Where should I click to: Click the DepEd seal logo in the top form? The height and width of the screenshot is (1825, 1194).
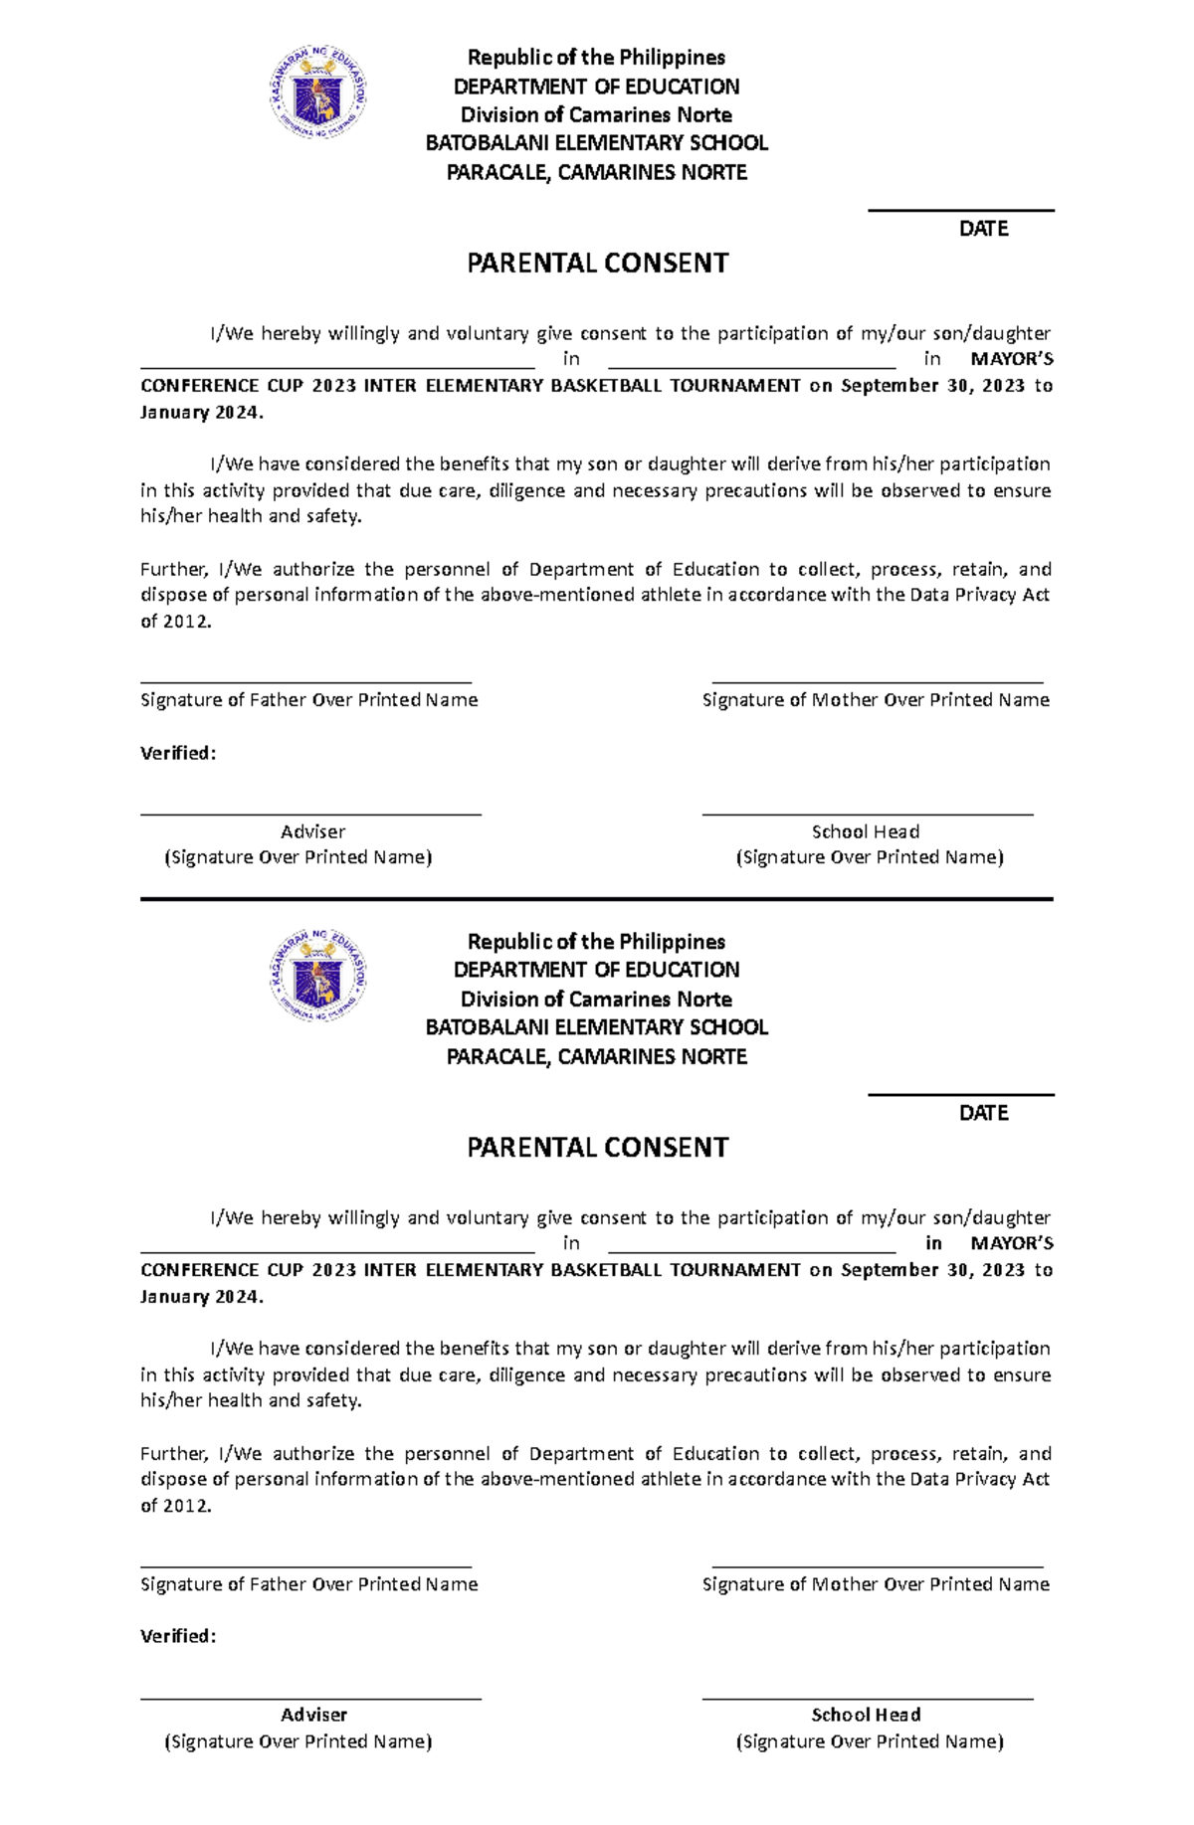[318, 95]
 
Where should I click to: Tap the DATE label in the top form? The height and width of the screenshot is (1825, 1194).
[983, 229]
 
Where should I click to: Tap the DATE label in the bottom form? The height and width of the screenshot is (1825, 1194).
[983, 1113]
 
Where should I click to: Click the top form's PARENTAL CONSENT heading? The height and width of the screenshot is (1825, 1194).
[597, 264]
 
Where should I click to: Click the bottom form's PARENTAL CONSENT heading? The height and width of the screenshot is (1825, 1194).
[597, 1148]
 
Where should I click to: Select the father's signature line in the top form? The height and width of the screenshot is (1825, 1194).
[305, 683]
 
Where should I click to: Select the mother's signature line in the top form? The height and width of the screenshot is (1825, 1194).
[877, 683]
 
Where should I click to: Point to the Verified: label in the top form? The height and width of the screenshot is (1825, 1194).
[178, 753]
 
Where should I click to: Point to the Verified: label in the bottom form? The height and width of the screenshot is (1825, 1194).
[178, 1636]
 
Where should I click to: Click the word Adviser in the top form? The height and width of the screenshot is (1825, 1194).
[312, 831]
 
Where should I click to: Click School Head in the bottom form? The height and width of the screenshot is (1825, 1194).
[865, 1715]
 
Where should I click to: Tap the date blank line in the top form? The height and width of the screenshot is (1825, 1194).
[960, 211]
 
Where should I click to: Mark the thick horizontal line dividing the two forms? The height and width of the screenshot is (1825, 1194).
[597, 899]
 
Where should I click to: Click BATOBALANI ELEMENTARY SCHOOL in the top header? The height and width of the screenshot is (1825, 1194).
[597, 143]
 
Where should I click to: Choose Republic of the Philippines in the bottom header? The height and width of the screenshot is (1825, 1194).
[597, 941]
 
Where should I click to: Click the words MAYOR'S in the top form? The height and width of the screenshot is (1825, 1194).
[1011, 359]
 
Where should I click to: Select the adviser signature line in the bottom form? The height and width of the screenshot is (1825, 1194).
[310, 1699]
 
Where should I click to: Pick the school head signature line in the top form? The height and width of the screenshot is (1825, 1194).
[867, 815]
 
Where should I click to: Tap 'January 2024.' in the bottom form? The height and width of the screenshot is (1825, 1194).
[202, 1296]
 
